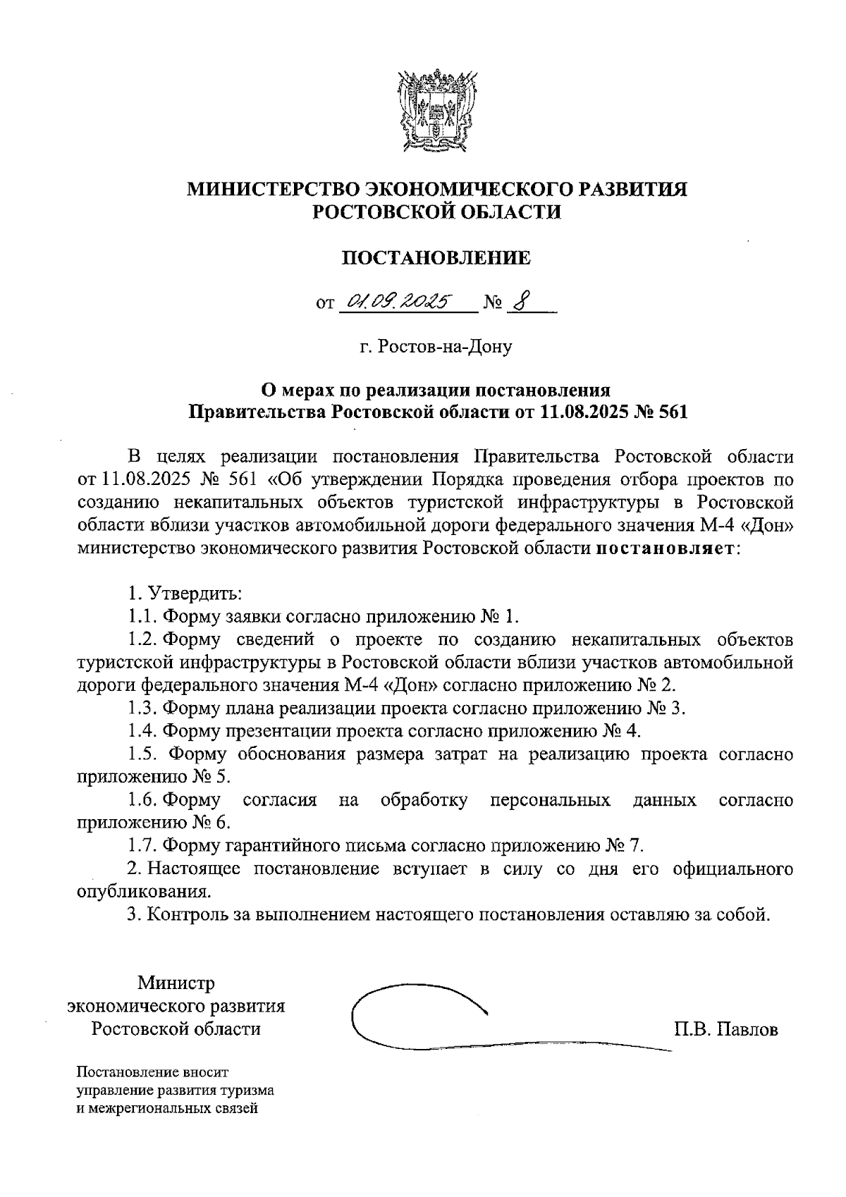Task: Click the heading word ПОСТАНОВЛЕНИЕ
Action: click(436, 258)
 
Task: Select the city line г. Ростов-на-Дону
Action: click(435, 347)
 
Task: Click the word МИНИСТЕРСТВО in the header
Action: click(274, 189)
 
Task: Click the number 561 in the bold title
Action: click(671, 412)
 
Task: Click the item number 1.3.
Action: click(142, 708)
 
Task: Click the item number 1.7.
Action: click(142, 845)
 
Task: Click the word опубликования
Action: click(143, 892)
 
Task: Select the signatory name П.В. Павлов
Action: click(725, 1029)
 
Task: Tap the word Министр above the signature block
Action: click(176, 983)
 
